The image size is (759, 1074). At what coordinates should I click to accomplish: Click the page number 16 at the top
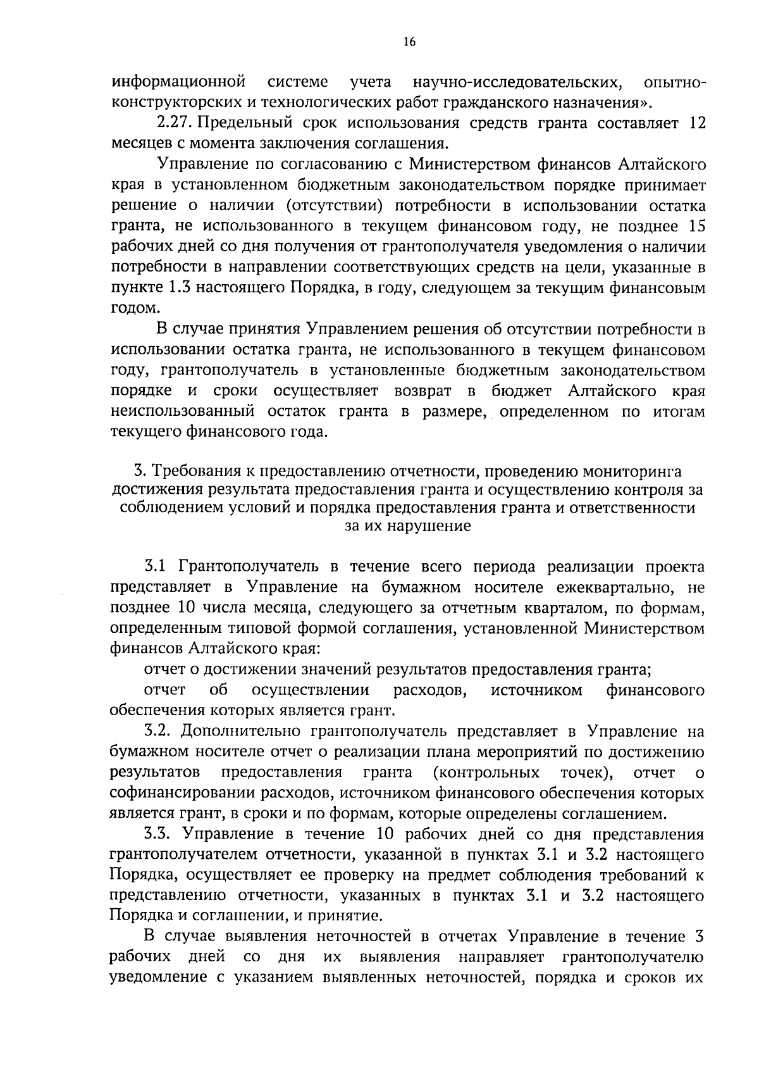point(409,42)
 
